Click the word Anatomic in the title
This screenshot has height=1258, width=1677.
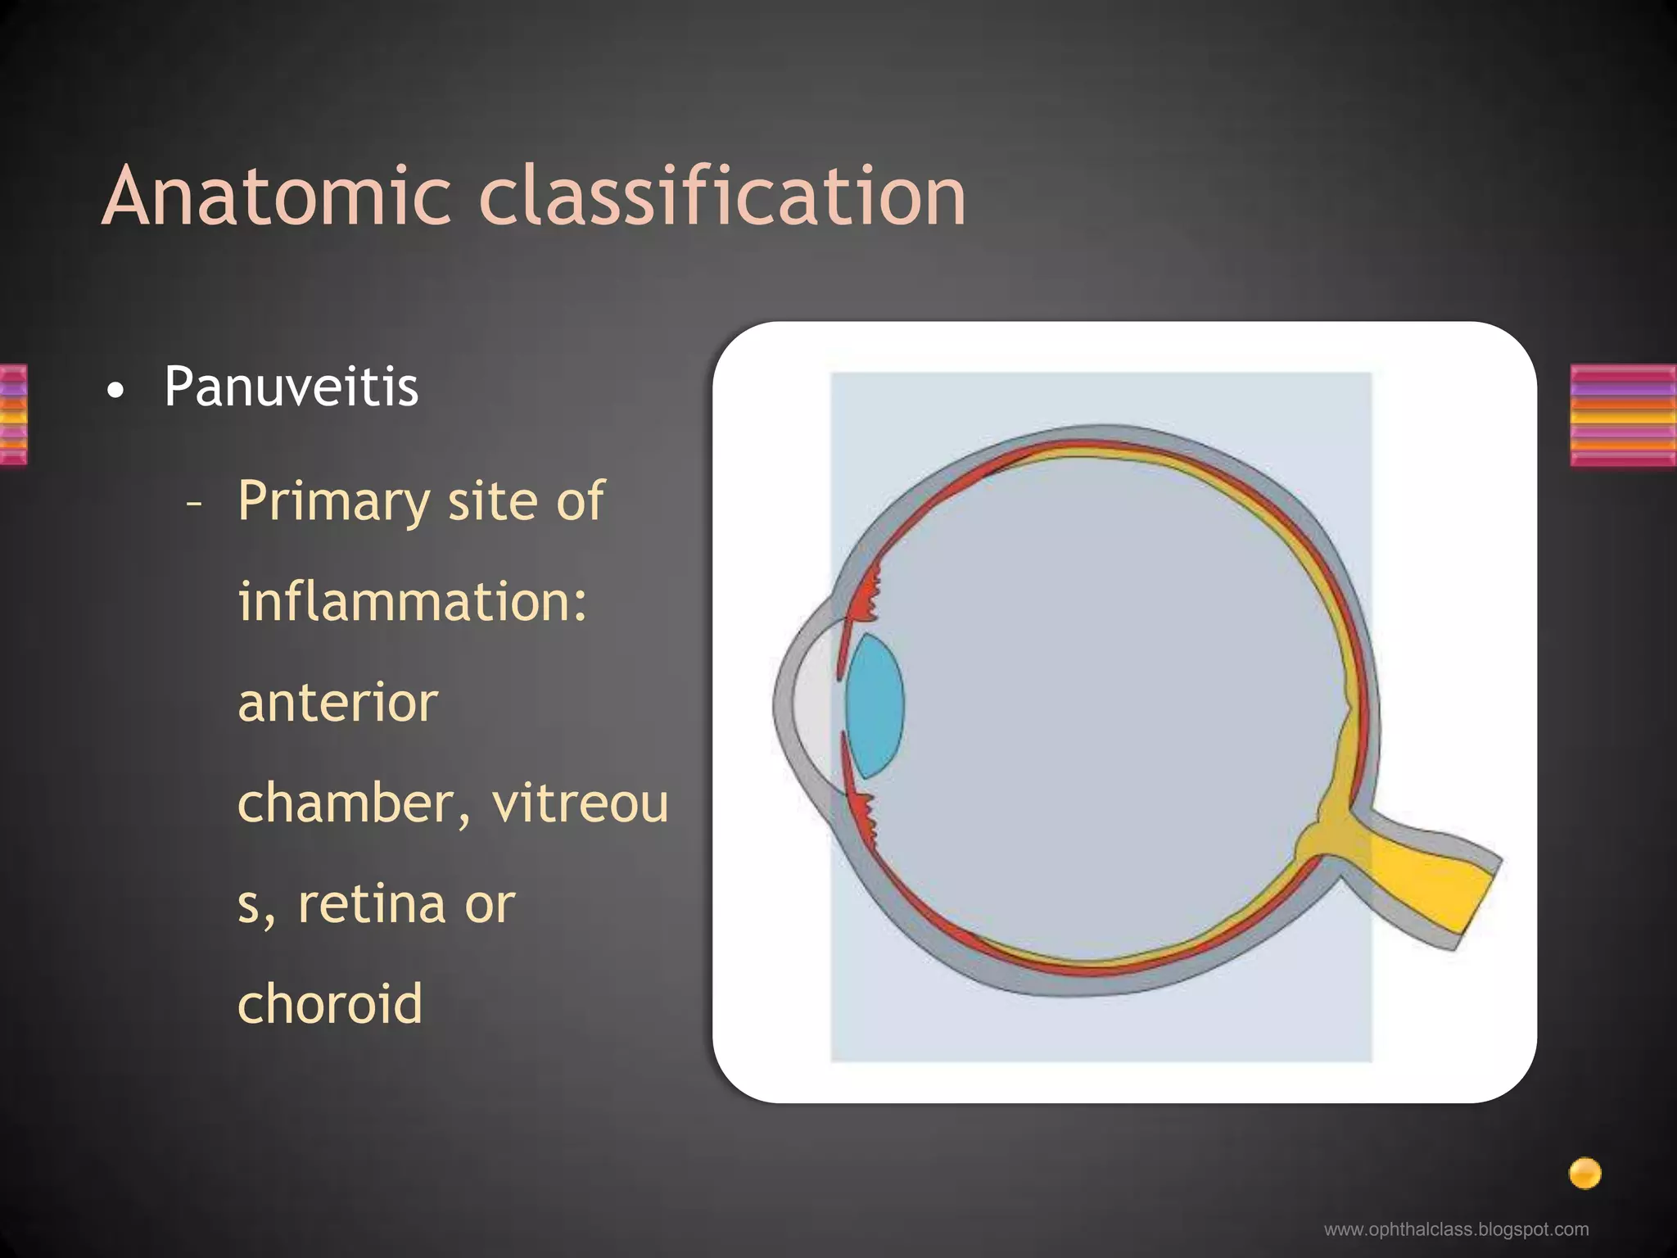click(x=277, y=197)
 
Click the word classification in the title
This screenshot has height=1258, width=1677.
click(x=722, y=197)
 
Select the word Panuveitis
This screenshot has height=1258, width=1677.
click(x=291, y=387)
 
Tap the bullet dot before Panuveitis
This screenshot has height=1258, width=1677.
click(x=116, y=391)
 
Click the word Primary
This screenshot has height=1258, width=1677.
click(x=333, y=501)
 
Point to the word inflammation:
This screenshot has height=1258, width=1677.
click(x=412, y=602)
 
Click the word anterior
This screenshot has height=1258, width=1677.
click(x=337, y=703)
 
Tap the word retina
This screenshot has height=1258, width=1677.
click(x=373, y=904)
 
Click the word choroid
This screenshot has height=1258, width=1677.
click(x=330, y=1004)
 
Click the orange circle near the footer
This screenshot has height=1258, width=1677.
click(x=1584, y=1173)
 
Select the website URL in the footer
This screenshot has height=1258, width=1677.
click(x=1456, y=1229)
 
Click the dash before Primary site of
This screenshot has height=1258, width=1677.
click(x=194, y=504)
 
